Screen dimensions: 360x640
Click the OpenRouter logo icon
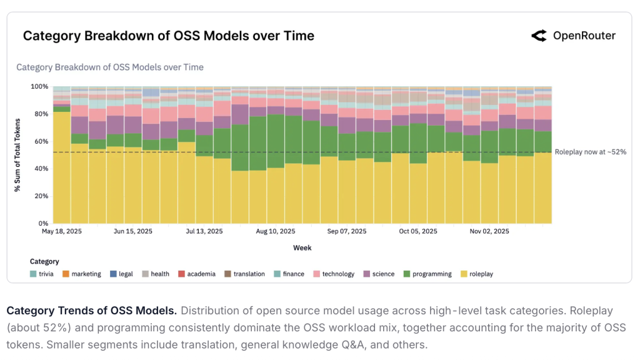point(539,36)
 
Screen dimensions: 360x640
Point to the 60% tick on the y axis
point(41,141)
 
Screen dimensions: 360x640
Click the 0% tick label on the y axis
point(42,223)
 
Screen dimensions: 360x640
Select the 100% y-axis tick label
point(39,86)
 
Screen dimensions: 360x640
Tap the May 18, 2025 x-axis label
point(62,231)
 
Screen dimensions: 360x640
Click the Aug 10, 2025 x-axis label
point(276,231)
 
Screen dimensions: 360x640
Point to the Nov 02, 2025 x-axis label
point(489,231)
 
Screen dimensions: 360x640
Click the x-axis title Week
point(302,247)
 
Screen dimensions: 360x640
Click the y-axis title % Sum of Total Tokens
point(18,155)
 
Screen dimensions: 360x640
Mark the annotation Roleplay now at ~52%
point(591,152)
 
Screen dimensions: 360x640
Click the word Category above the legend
point(44,261)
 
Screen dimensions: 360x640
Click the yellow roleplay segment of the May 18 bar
point(62,169)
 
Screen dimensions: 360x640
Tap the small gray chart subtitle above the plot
point(110,67)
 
